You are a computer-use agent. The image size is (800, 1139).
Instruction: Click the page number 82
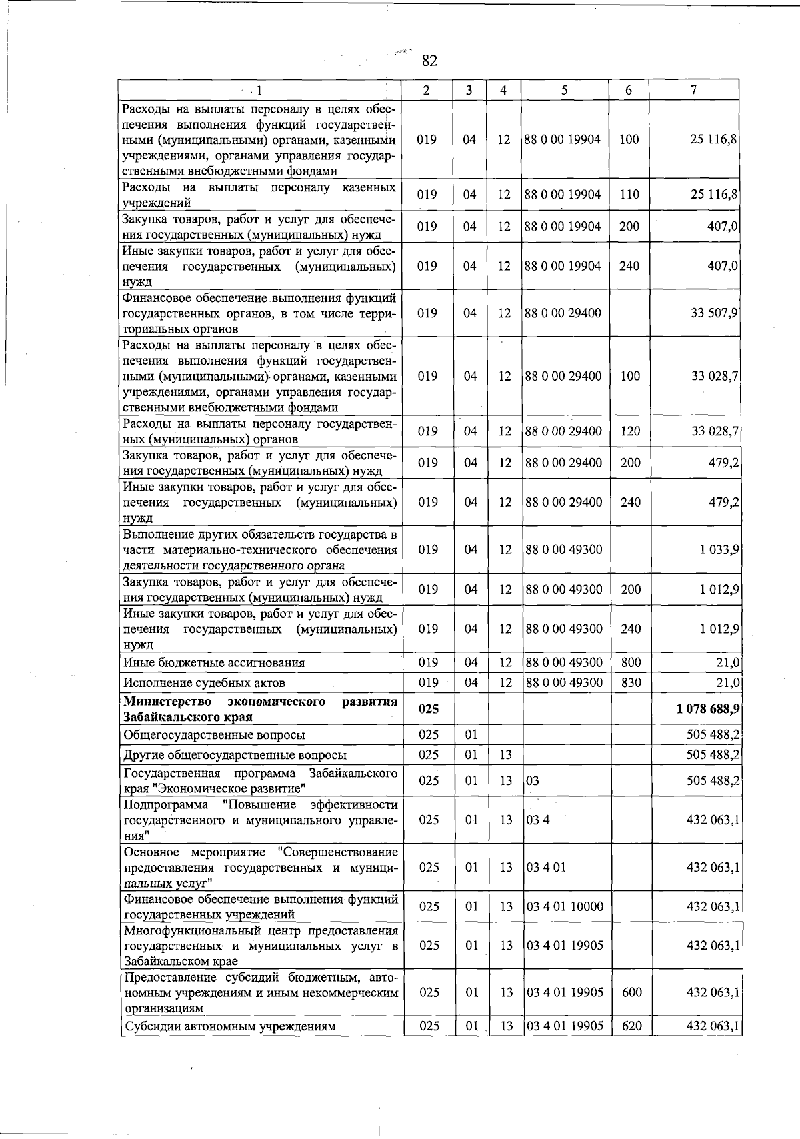[x=429, y=61]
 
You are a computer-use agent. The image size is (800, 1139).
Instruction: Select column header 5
[x=564, y=90]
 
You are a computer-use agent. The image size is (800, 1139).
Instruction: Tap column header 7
[x=694, y=90]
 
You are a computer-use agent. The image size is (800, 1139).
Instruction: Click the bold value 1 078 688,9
[x=707, y=709]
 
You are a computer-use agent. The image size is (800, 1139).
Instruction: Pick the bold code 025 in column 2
[x=428, y=709]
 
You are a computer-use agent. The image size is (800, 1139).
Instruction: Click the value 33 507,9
[x=714, y=313]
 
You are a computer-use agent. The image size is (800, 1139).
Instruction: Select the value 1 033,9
[x=719, y=549]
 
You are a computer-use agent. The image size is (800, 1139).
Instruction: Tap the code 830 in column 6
[x=631, y=682]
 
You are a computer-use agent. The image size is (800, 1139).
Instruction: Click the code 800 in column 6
[x=631, y=662]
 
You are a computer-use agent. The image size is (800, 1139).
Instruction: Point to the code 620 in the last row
[x=631, y=1026]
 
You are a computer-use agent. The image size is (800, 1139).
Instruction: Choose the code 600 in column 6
[x=631, y=992]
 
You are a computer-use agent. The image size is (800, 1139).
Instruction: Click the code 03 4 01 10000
[x=565, y=906]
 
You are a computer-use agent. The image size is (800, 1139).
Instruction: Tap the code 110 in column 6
[x=629, y=195]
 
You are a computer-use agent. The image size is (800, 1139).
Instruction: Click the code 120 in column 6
[x=630, y=431]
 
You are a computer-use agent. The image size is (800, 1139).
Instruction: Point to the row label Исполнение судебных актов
[x=204, y=682]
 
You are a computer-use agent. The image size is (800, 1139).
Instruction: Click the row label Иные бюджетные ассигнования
[x=213, y=662]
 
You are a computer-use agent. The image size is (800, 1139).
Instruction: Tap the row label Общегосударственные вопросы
[x=214, y=735]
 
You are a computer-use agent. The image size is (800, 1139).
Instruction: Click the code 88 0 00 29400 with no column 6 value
[x=563, y=313]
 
